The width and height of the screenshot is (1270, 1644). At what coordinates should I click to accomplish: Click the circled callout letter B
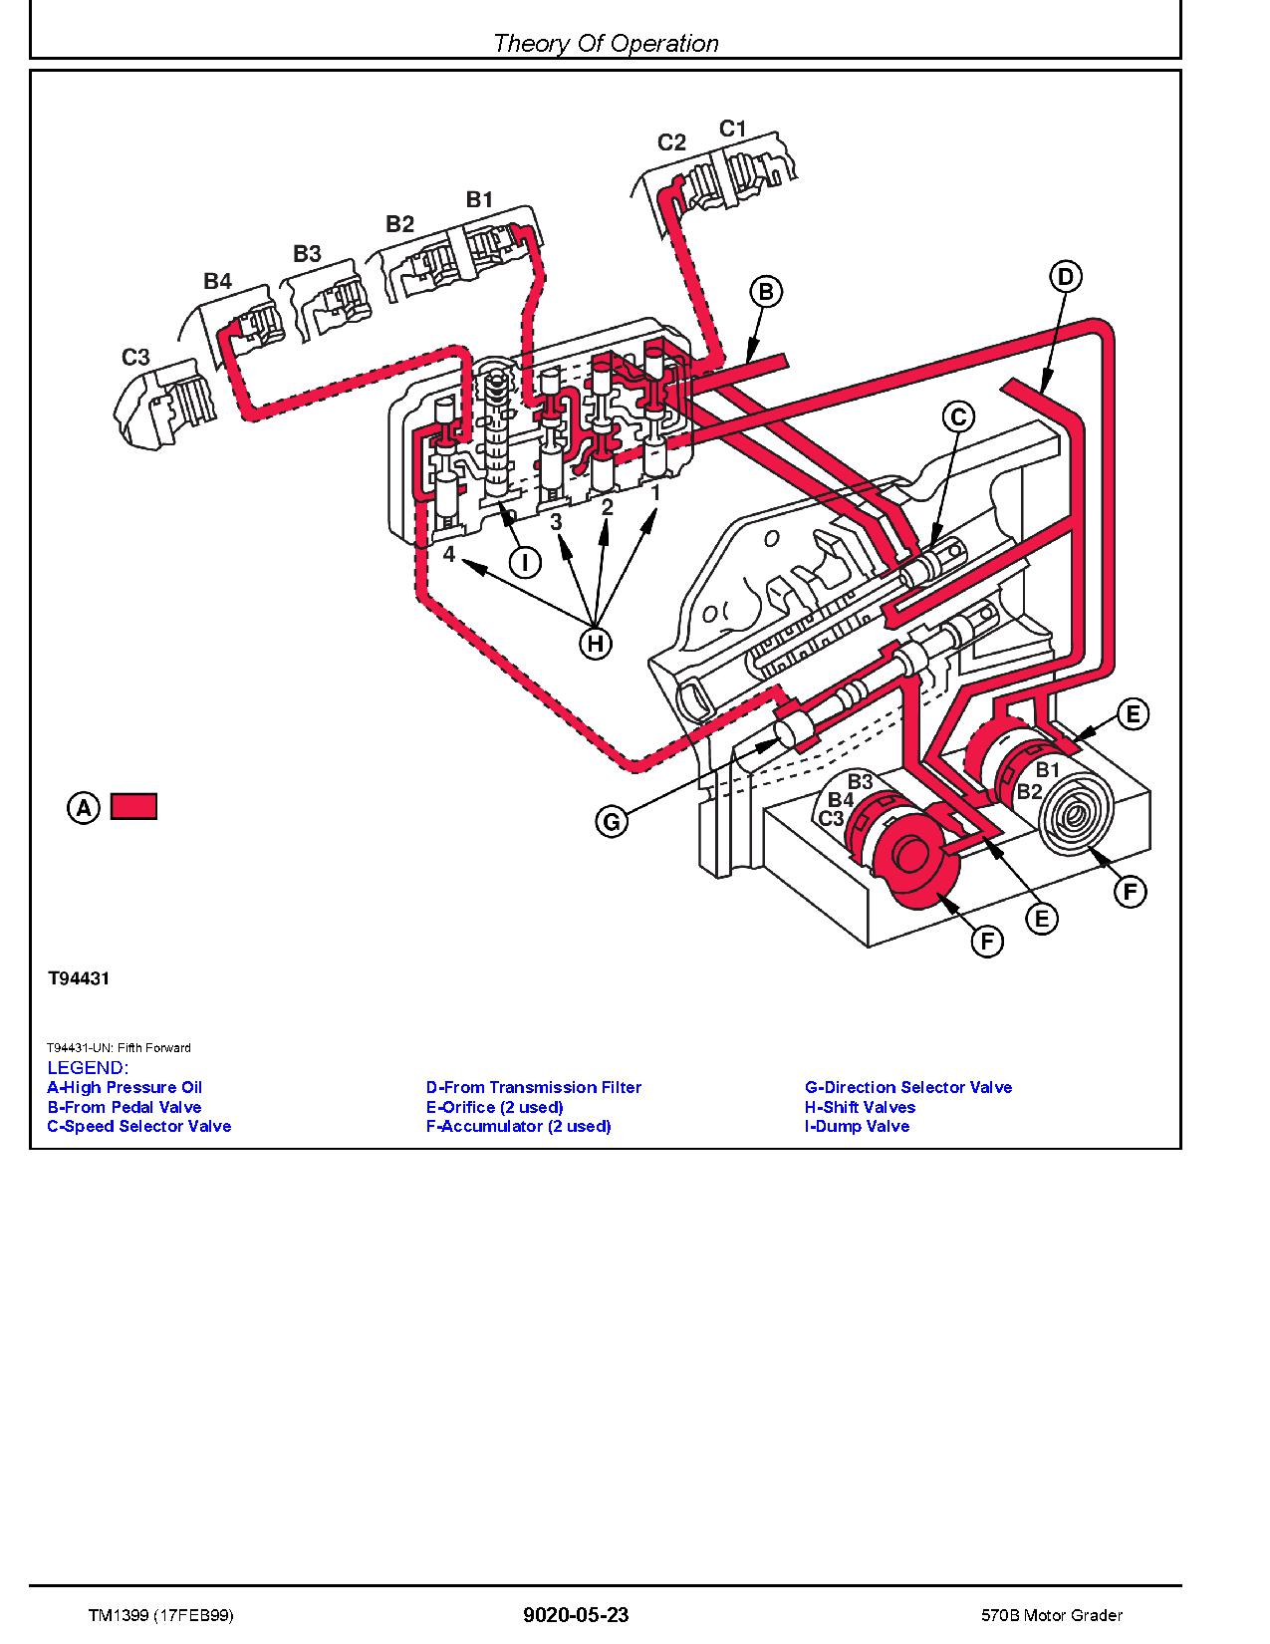tap(766, 292)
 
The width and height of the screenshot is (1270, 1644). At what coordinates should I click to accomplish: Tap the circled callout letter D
tap(1065, 276)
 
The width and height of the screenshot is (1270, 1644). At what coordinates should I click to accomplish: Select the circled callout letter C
tap(958, 416)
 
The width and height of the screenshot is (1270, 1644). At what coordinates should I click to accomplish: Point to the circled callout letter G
tap(612, 822)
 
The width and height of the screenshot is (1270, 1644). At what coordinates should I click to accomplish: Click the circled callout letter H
tap(595, 644)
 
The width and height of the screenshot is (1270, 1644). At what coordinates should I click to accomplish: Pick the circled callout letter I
tap(525, 563)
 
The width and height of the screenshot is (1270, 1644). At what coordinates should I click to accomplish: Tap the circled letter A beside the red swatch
tap(84, 807)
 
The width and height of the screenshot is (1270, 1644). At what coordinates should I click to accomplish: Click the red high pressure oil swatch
tap(133, 806)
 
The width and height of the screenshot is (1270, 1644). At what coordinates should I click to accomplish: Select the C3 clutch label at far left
tap(135, 357)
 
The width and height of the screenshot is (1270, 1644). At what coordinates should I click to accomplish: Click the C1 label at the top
tap(732, 129)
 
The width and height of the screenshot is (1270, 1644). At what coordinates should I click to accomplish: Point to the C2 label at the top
tap(672, 142)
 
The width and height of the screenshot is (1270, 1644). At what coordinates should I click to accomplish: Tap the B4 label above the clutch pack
tap(217, 282)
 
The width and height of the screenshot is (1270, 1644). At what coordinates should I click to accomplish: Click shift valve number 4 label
tap(449, 553)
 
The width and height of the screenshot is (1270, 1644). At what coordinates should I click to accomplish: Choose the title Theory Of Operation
tap(606, 43)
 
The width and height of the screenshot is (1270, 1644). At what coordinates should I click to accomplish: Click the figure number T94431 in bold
tap(79, 978)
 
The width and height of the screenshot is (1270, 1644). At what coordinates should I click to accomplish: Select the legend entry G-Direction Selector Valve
tap(907, 1087)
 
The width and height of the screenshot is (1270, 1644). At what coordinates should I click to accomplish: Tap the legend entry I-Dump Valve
tap(857, 1126)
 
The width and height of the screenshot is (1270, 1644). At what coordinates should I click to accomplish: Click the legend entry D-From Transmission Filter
tap(533, 1087)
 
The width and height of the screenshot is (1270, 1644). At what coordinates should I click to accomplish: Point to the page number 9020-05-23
tap(576, 1615)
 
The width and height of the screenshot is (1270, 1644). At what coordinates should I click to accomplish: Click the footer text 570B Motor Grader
tap(1050, 1615)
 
